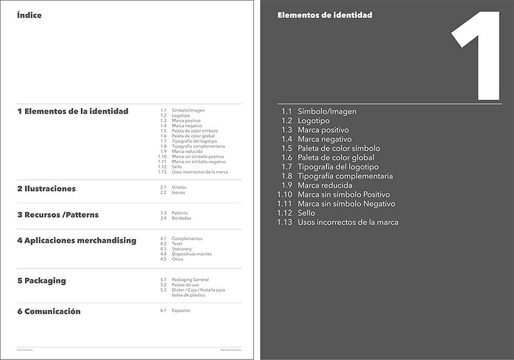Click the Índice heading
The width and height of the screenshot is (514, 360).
(x=29, y=15)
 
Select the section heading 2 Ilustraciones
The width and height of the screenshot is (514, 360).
(x=46, y=189)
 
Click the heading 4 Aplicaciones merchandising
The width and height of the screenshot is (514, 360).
(x=76, y=240)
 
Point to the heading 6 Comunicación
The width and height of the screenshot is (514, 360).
(x=49, y=311)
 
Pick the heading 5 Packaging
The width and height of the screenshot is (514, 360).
(x=41, y=280)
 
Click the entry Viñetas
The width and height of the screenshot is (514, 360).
(x=179, y=188)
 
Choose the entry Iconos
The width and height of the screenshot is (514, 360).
(x=178, y=193)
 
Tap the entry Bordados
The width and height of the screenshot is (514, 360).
(x=181, y=218)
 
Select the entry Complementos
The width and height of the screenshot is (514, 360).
(x=187, y=239)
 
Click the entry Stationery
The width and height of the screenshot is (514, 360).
(x=182, y=249)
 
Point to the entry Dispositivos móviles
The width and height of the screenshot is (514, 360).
(x=191, y=254)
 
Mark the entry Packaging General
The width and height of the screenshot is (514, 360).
(x=190, y=280)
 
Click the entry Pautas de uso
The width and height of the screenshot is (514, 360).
(x=185, y=285)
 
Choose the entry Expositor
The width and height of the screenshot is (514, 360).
(x=181, y=310)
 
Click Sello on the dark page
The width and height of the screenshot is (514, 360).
(x=307, y=213)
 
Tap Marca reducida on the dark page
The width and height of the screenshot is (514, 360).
(x=325, y=186)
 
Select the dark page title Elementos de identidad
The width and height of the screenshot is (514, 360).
(x=325, y=15)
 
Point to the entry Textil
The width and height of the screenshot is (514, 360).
(x=177, y=244)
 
